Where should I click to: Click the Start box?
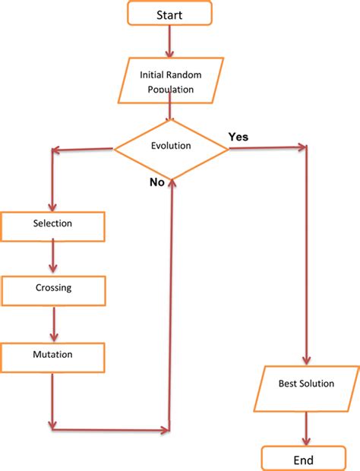(169, 14)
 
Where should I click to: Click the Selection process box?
(52, 224)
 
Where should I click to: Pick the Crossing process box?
(52, 288)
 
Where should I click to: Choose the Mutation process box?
(52, 355)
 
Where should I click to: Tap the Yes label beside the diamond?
(238, 137)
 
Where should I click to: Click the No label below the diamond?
(157, 183)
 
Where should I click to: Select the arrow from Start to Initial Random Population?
(169, 43)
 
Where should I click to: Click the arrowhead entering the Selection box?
(52, 206)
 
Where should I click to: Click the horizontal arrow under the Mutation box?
(110, 428)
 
